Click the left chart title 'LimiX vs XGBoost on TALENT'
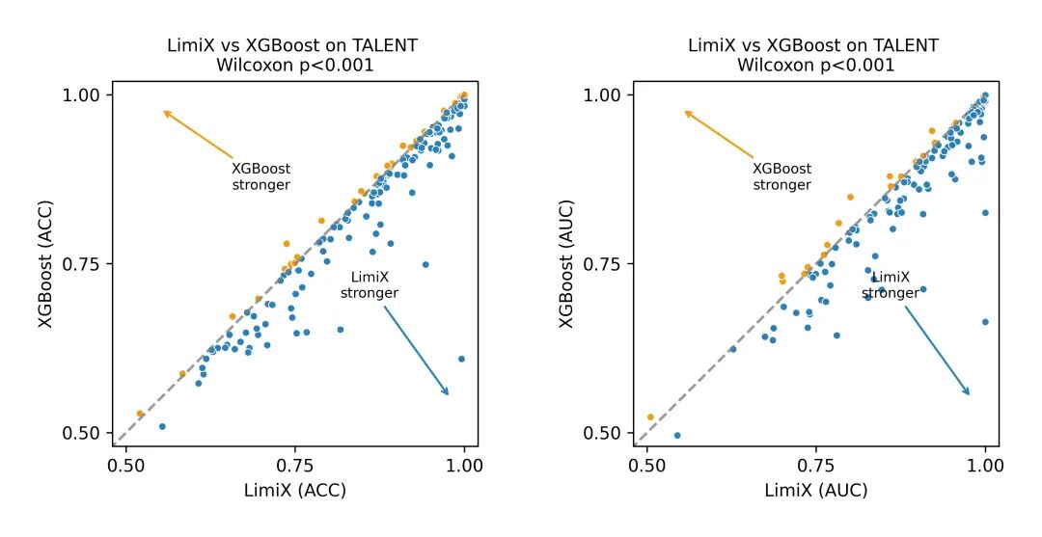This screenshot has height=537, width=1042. (x=293, y=45)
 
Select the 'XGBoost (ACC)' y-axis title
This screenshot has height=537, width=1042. (x=45, y=263)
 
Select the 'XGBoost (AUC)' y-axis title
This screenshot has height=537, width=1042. (x=567, y=263)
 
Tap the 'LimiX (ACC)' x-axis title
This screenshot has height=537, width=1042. (x=295, y=490)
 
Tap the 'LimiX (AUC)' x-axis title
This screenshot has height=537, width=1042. (x=816, y=490)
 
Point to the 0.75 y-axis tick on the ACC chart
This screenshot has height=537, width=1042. (x=83, y=264)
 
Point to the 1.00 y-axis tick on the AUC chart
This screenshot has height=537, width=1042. (x=605, y=94)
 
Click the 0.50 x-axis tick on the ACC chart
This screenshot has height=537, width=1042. (x=125, y=464)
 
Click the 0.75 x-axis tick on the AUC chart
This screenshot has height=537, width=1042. (x=816, y=464)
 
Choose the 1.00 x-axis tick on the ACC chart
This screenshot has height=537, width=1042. (x=465, y=464)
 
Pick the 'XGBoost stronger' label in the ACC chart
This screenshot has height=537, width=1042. (x=261, y=176)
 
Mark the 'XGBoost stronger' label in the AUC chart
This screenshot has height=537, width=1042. (x=782, y=176)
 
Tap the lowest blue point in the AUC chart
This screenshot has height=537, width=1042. (x=677, y=435)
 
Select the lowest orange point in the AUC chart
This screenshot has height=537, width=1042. (x=650, y=417)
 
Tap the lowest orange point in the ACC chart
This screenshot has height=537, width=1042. (x=140, y=414)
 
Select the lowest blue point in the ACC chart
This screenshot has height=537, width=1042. (x=162, y=426)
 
